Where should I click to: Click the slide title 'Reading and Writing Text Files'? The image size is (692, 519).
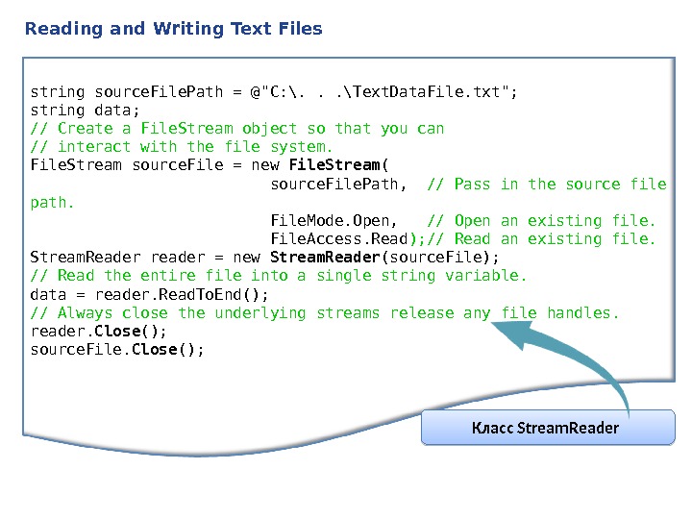point(174,29)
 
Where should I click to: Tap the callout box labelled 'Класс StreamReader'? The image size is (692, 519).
point(548,427)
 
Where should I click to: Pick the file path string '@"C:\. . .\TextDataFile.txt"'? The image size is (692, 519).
point(383,92)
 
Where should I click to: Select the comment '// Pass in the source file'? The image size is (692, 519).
point(546,184)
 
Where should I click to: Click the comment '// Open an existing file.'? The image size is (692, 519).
point(541,221)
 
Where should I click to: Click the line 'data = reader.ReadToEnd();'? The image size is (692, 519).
point(150,295)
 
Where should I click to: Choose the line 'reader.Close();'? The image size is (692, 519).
point(99,332)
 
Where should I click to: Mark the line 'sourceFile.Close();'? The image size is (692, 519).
point(117,350)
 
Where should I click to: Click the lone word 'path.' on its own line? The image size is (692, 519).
point(52,203)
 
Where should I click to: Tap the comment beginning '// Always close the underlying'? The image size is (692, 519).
point(325,313)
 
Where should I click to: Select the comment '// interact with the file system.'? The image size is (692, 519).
point(182,147)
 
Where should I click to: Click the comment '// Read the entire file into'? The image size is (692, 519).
point(279,277)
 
